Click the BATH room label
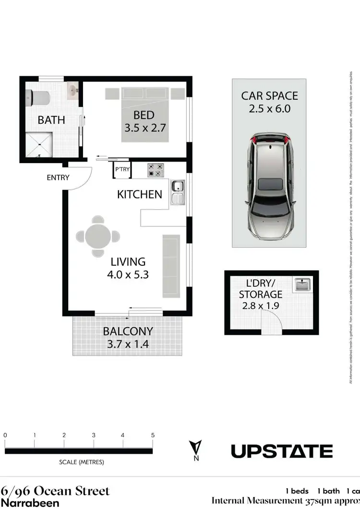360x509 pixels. pyautogui.click(x=51, y=119)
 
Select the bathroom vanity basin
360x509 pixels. pyautogui.click(x=73, y=90)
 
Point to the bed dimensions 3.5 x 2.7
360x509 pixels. pyautogui.click(x=144, y=128)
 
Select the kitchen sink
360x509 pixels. pyautogui.click(x=177, y=191)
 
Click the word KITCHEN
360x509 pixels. pyautogui.click(x=140, y=194)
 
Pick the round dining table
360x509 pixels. pyautogui.click(x=98, y=236)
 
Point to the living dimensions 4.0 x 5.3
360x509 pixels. pyautogui.click(x=128, y=275)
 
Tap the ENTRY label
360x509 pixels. pyautogui.click(x=58, y=178)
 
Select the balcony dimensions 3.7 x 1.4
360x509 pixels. pyautogui.click(x=128, y=343)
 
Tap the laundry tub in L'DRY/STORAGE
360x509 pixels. pyautogui.click(x=303, y=284)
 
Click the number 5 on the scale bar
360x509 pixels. pyautogui.click(x=153, y=435)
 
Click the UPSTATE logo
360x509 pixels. pyautogui.click(x=282, y=451)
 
